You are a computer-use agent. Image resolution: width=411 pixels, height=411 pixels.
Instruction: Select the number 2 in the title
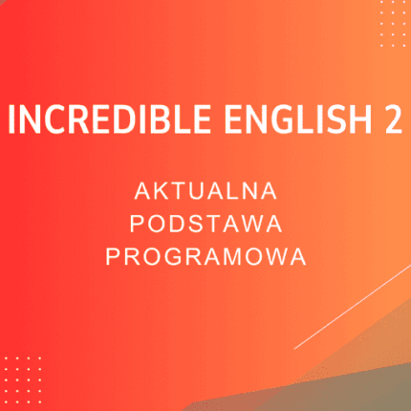tap(389, 122)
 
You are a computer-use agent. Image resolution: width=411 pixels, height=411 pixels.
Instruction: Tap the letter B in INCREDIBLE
tap(137, 122)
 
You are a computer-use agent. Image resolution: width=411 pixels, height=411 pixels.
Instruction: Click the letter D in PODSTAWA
tap(173, 224)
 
